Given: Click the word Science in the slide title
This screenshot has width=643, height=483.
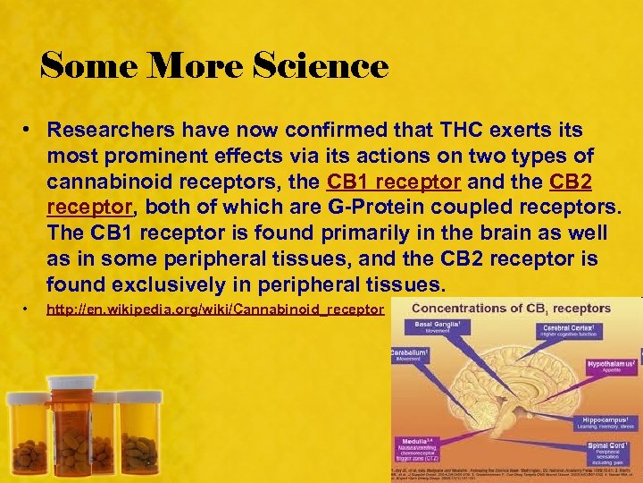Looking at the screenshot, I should click(x=321, y=65).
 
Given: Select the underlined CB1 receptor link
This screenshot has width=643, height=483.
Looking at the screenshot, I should click(x=394, y=182).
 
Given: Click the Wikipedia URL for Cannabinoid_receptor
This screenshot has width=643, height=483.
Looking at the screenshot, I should click(x=214, y=309).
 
